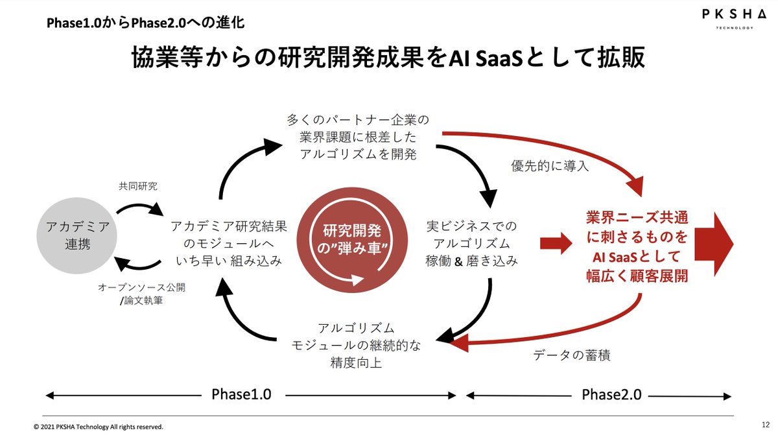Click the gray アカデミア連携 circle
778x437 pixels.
(77, 236)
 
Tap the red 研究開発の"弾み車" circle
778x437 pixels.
(352, 240)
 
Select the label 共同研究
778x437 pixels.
(138, 186)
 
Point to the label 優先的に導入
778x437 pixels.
(550, 166)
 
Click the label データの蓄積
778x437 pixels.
(572, 355)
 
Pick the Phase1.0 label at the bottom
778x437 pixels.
(241, 394)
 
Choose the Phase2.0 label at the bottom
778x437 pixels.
(611, 395)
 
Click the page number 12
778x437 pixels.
(766, 425)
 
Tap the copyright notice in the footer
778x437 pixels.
(99, 427)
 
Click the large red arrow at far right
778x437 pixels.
(714, 244)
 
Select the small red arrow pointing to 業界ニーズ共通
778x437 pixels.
(556, 243)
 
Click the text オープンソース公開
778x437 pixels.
(142, 287)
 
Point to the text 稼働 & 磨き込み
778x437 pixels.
(471, 261)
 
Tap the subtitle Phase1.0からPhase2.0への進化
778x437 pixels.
(145, 23)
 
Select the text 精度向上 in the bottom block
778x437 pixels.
(356, 362)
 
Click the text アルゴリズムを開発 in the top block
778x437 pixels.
(358, 154)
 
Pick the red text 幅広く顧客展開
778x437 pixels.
(637, 276)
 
